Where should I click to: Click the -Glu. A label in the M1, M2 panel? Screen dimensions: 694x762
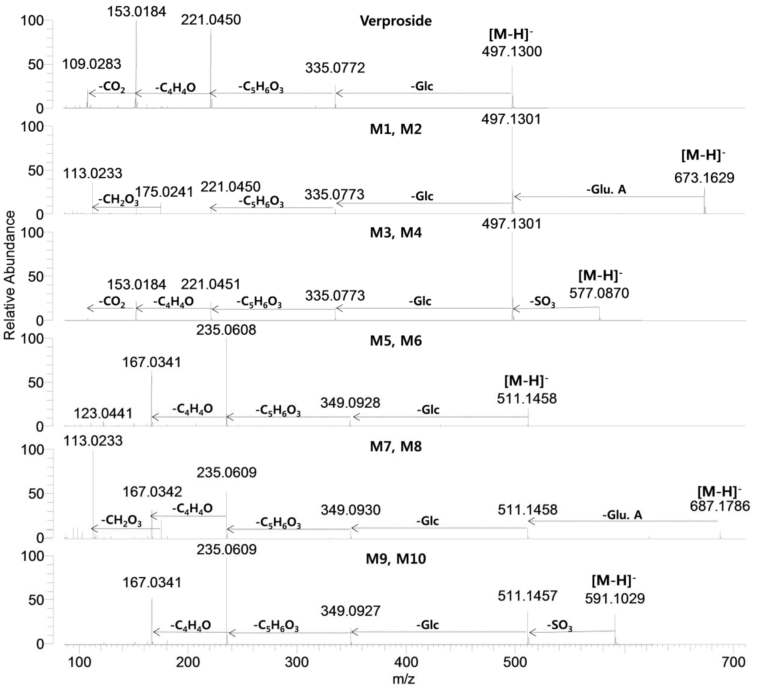606,189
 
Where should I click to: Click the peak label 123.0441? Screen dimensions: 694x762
103,413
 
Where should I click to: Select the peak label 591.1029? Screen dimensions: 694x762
615,598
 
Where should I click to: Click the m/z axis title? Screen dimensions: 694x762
404,679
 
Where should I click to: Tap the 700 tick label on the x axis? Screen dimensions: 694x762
733,662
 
